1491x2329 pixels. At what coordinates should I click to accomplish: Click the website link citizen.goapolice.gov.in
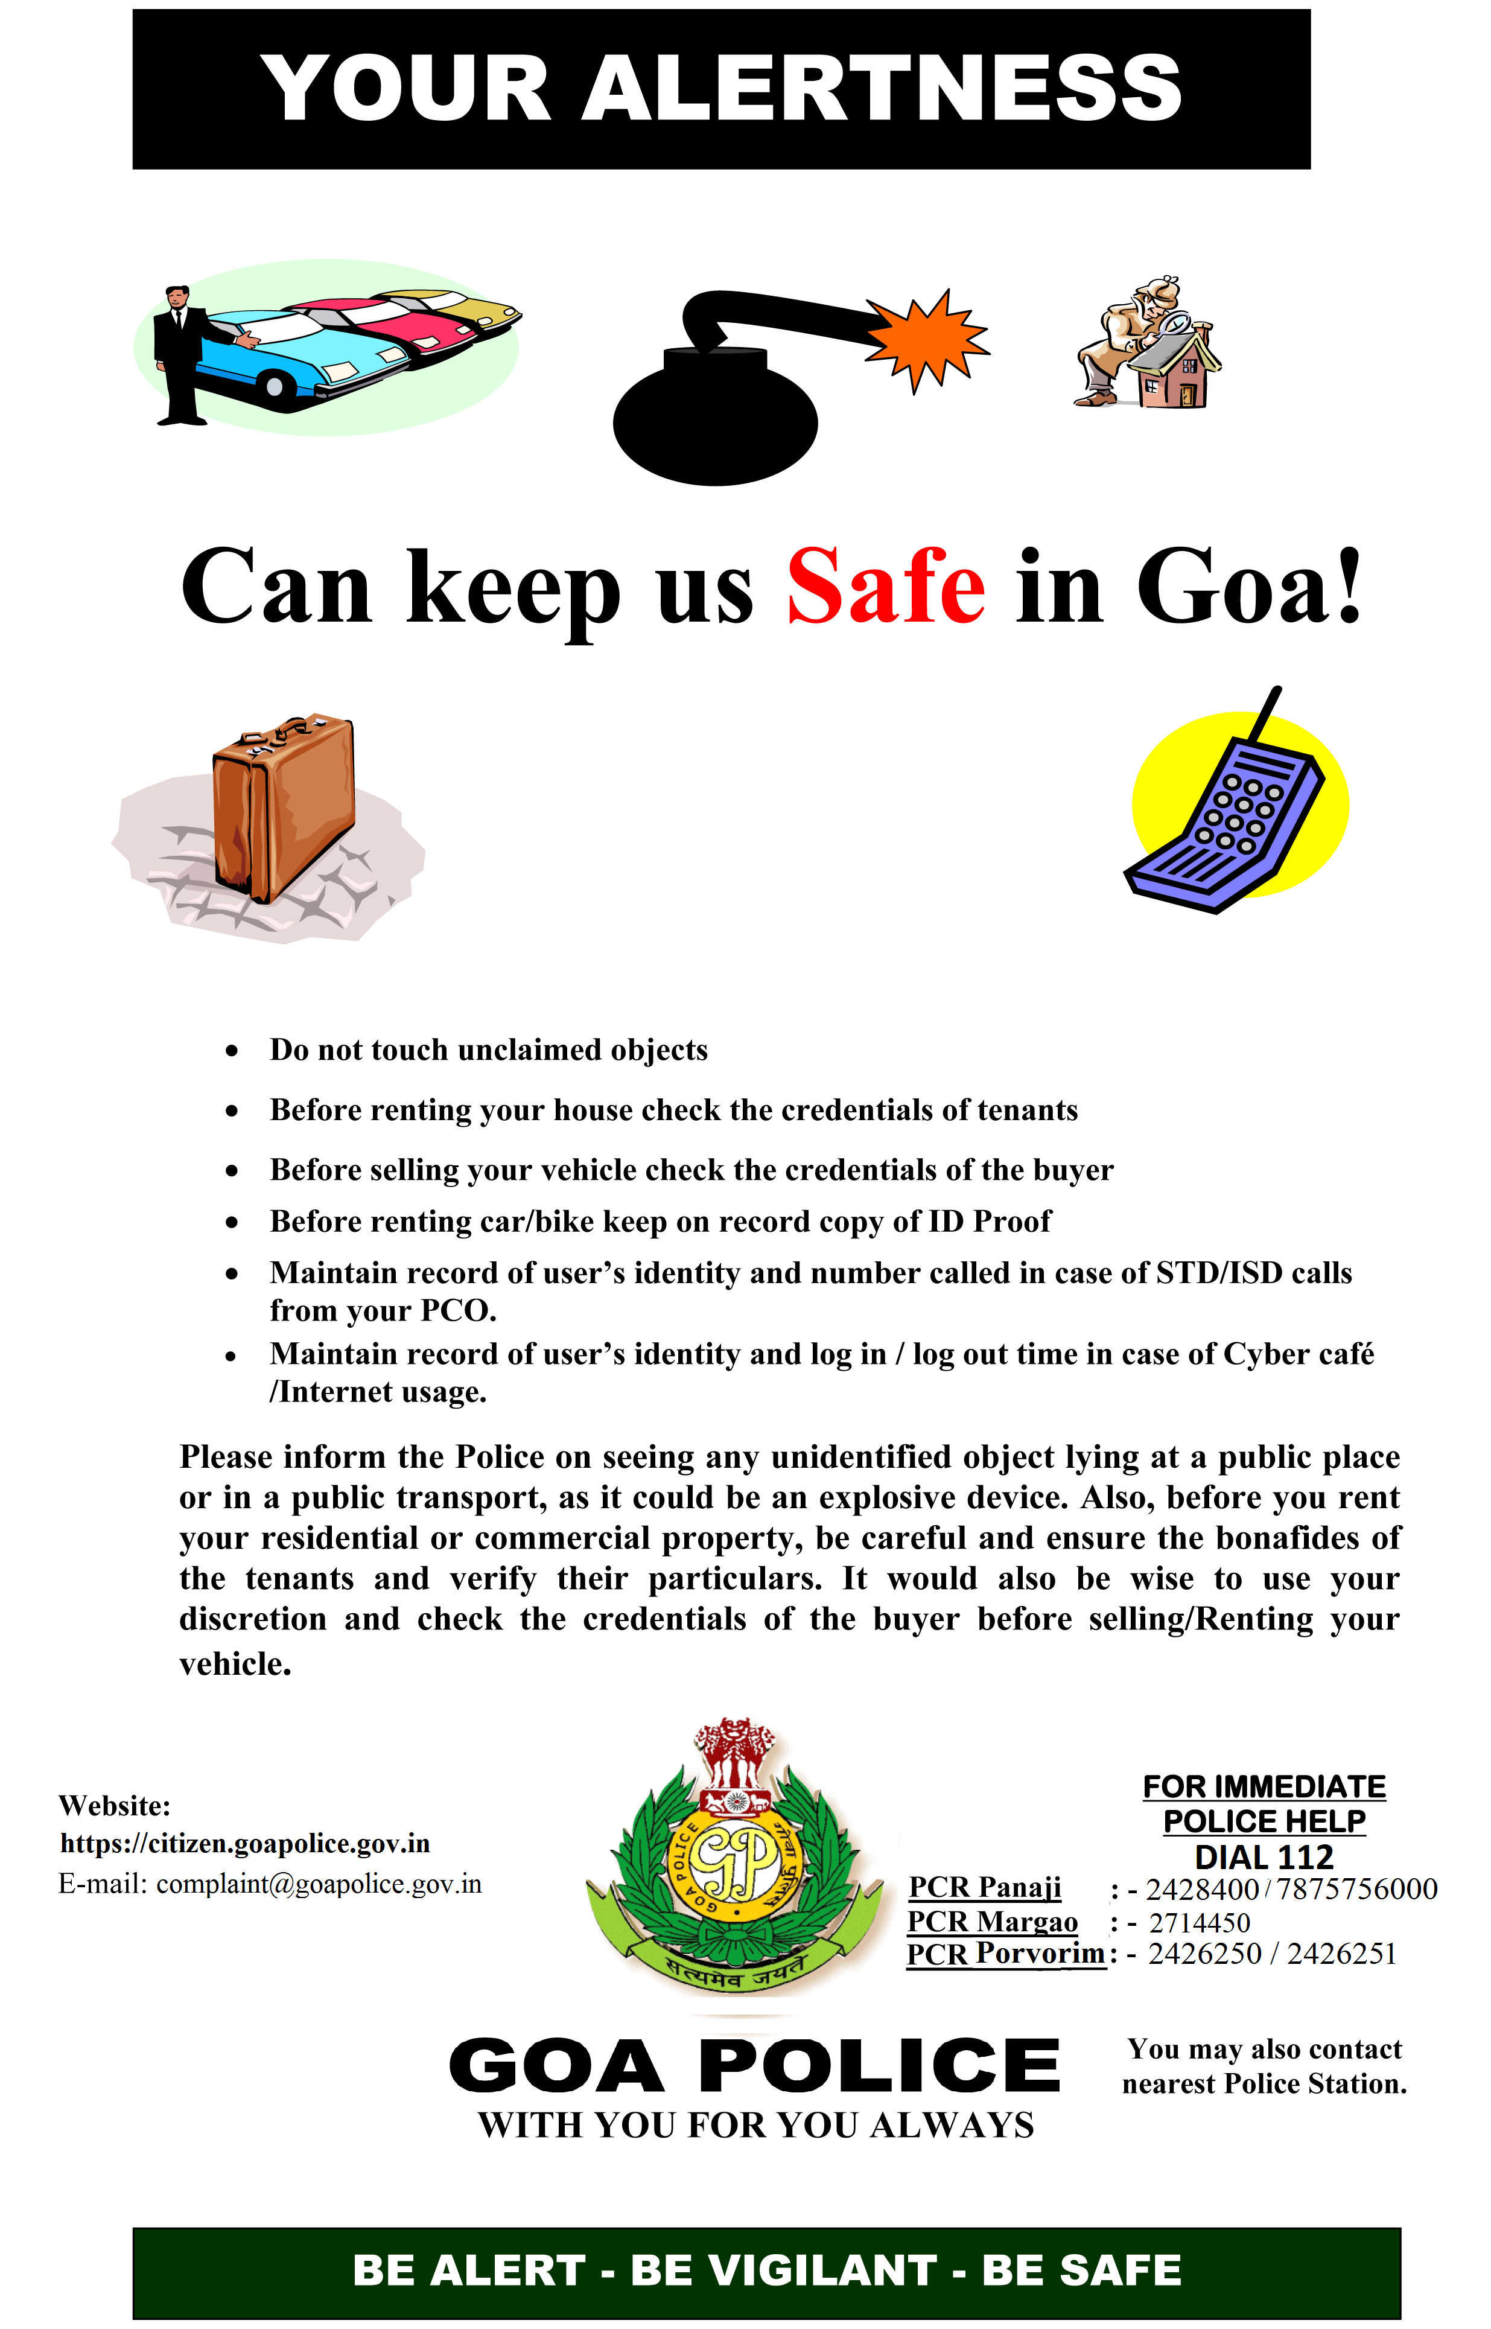pyautogui.click(x=245, y=1843)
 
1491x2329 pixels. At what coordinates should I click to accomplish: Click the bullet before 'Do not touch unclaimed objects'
pyautogui.click(x=231, y=1051)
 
